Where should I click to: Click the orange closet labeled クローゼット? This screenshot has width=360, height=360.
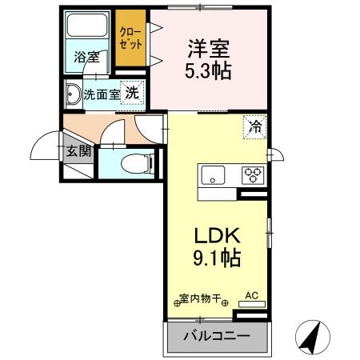point(130,39)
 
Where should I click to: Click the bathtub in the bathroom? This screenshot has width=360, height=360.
point(88,30)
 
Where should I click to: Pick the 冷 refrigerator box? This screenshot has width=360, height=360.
point(254,126)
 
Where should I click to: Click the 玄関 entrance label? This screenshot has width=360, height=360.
point(78,150)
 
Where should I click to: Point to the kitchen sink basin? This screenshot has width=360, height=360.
point(214,175)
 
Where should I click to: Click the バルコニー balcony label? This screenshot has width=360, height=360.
point(217,337)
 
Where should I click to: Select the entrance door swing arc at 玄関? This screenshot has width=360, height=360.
point(44,146)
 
